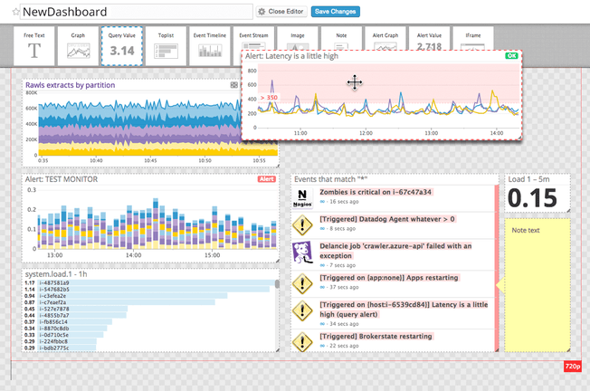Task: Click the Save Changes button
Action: (x=336, y=12)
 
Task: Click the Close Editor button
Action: (x=281, y=12)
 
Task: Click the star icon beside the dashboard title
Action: (x=15, y=12)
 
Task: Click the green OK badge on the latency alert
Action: (x=512, y=56)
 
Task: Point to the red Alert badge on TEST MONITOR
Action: (x=267, y=179)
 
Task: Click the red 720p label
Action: (x=571, y=367)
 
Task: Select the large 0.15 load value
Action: (x=538, y=200)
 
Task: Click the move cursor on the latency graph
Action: (x=354, y=83)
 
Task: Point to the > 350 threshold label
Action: (x=268, y=97)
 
